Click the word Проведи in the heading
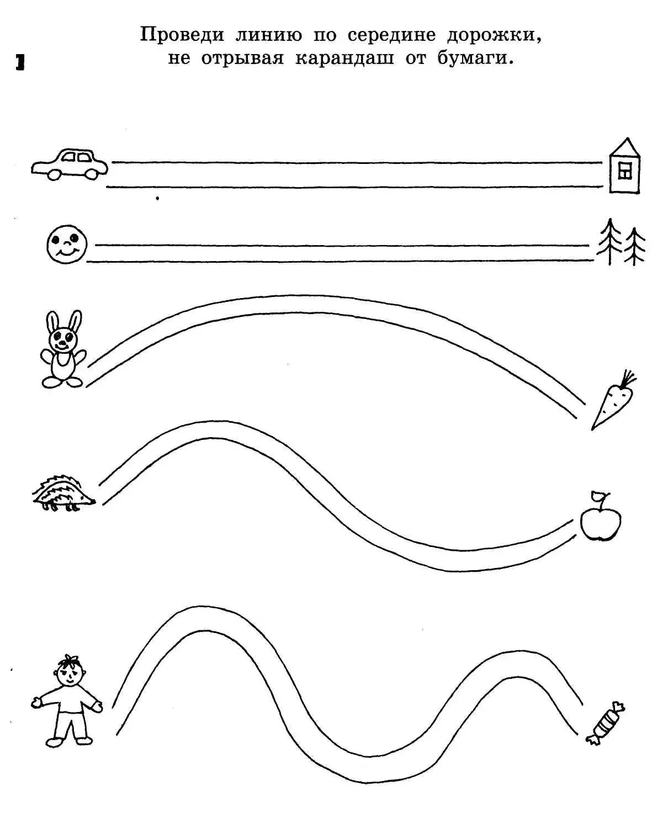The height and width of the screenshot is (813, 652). (182, 35)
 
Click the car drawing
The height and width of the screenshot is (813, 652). (70, 164)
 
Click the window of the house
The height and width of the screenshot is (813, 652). (625, 171)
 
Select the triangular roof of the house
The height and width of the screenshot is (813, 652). (625, 147)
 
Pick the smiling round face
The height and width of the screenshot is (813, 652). (67, 244)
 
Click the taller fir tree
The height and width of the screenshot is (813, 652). (609, 241)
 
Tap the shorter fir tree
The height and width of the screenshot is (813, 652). (634, 246)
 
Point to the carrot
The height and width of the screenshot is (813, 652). (614, 400)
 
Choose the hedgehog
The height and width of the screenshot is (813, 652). (64, 493)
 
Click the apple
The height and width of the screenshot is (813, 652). (601, 517)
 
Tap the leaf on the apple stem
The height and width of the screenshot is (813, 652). (597, 495)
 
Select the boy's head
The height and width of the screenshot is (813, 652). (70, 671)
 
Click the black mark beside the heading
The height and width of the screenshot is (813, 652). (20, 62)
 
